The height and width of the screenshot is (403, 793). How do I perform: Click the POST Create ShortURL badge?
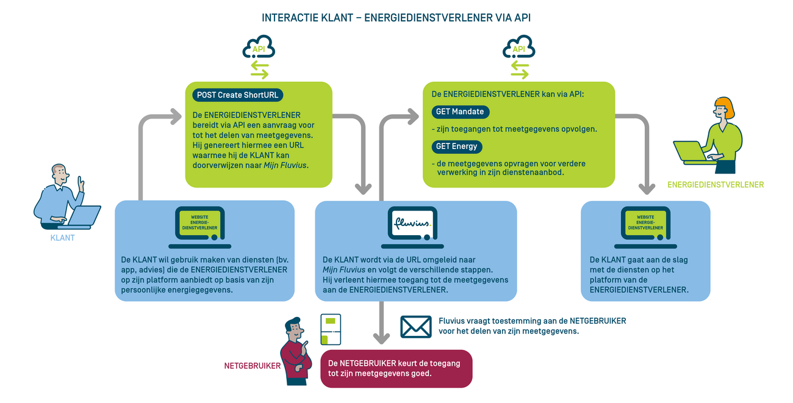pos(238,95)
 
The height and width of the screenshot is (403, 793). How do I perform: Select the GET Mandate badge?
pos(460,112)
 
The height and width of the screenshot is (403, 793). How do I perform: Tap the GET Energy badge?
pos(456,147)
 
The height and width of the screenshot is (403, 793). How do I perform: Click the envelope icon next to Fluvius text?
pos(415,327)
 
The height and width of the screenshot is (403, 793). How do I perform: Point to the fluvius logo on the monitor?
pos(413,221)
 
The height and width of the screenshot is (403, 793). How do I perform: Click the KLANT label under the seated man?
pos(62,238)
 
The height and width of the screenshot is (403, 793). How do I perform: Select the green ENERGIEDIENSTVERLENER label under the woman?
pos(716,184)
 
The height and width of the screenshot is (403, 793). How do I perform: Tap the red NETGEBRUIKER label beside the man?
pos(253,366)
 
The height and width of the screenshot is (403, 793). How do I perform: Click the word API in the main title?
pos(522,17)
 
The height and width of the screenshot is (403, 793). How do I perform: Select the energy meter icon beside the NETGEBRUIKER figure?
pos(331,330)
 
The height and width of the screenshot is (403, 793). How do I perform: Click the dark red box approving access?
pos(396,368)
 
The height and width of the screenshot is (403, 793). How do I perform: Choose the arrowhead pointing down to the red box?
pos(381,337)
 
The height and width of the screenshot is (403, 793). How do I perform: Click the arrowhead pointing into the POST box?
pos(176,114)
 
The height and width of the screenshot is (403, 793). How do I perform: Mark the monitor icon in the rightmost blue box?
pos(645,224)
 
